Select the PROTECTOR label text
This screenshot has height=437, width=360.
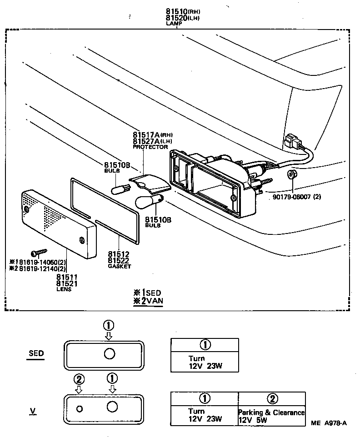coord(150,147)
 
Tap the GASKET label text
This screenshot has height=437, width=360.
coord(119,266)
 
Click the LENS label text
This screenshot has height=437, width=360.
coord(64,289)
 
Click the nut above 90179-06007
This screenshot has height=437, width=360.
coord(291,175)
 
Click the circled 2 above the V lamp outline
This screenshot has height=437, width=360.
coord(79,378)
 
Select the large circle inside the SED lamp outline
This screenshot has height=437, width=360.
coord(110,354)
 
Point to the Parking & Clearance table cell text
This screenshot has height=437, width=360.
coord(271,412)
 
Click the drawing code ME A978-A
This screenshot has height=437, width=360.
coord(329,423)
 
